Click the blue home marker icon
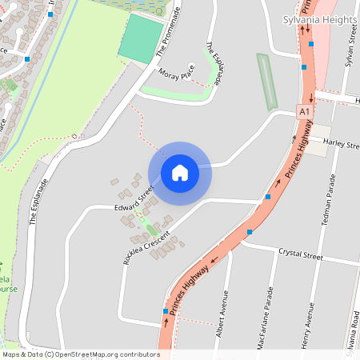pyautogui.click(x=180, y=173)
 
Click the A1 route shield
pyautogui.click(x=304, y=113)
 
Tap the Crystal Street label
pyautogui.click(x=300, y=255)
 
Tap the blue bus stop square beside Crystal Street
pyautogui.click(x=250, y=232)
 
